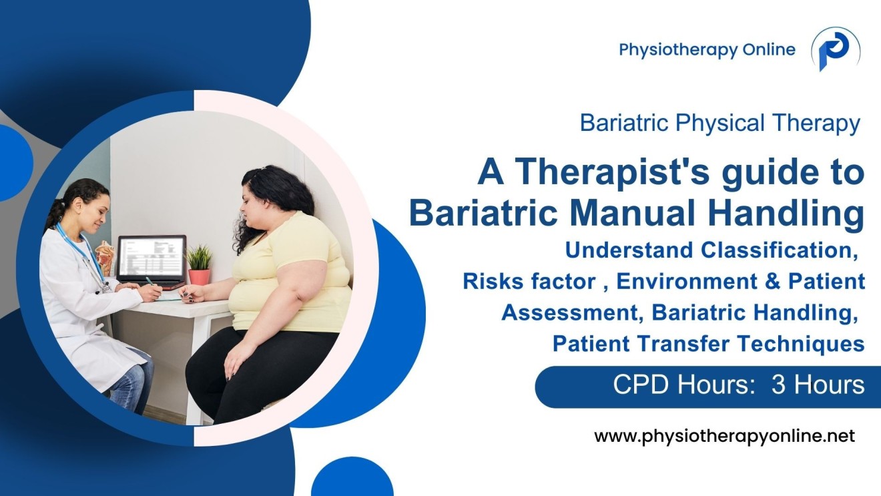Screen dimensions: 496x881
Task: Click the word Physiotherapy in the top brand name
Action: tap(671, 49)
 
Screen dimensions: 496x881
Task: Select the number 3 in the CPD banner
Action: tap(779, 385)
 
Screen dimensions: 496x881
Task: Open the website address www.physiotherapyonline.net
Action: tap(724, 437)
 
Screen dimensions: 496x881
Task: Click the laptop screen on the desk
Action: tap(151, 257)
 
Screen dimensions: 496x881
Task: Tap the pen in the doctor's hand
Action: tap(150, 281)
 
